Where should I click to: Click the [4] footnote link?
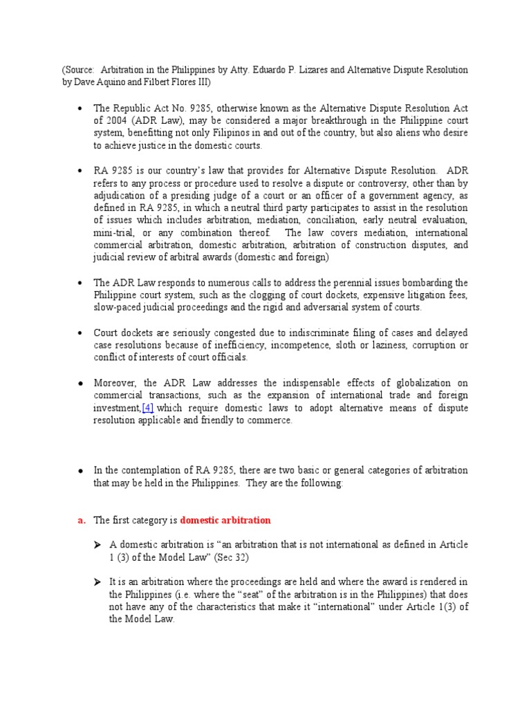click(x=147, y=408)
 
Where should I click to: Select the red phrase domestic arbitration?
click(x=225, y=520)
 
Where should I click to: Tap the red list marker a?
click(x=81, y=520)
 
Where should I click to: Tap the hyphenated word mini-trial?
click(x=114, y=232)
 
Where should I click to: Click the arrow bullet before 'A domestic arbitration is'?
click(x=98, y=545)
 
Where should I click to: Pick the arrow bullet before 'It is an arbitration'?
click(x=98, y=582)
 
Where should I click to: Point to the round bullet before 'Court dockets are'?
click(x=81, y=333)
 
